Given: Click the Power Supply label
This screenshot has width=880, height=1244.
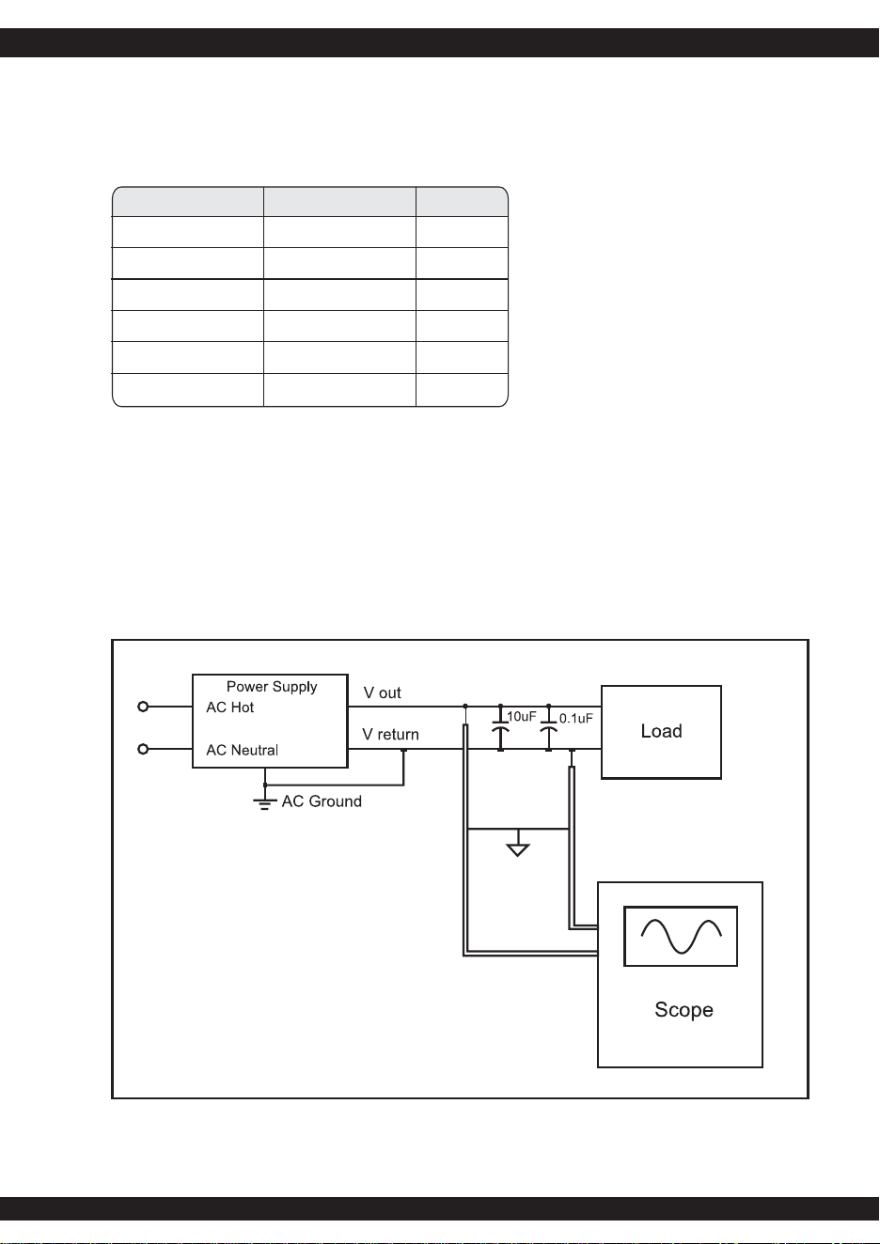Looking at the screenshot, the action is pos(272,687).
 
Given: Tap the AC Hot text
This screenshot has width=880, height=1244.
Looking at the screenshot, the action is pos(230,707).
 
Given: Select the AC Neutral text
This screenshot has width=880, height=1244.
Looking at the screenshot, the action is pos(243,750).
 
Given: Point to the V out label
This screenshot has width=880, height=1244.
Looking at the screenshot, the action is pos(383,692).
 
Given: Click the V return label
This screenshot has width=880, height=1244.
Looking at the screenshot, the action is pos(390,734).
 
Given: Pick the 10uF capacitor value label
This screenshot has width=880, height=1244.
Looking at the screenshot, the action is pos(522,716).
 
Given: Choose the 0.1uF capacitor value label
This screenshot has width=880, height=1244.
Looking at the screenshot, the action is pos(576,718).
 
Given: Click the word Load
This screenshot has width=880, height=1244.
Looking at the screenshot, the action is pos(661,731).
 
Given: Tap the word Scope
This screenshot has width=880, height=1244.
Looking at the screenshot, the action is pos(684,1009).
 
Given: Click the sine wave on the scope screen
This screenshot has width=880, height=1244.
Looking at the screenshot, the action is pos(681,937).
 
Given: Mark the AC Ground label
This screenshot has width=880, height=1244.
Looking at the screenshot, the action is pos(322,801).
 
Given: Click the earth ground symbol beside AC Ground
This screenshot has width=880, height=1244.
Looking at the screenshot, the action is pos(265,803).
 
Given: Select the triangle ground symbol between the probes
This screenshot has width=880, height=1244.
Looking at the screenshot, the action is pos(518,849).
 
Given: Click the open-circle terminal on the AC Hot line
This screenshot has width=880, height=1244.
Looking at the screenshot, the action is pos(143,707).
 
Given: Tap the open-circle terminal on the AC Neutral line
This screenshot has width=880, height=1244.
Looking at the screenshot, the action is pos(143,749).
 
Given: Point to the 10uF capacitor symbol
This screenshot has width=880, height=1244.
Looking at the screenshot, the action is pos(500,727).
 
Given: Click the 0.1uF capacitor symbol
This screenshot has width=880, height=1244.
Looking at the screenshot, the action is pos(549,727).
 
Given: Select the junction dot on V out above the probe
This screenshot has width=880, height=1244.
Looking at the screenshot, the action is pos(465,707).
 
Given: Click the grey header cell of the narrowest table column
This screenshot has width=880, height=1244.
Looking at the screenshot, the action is pos(462,202).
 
